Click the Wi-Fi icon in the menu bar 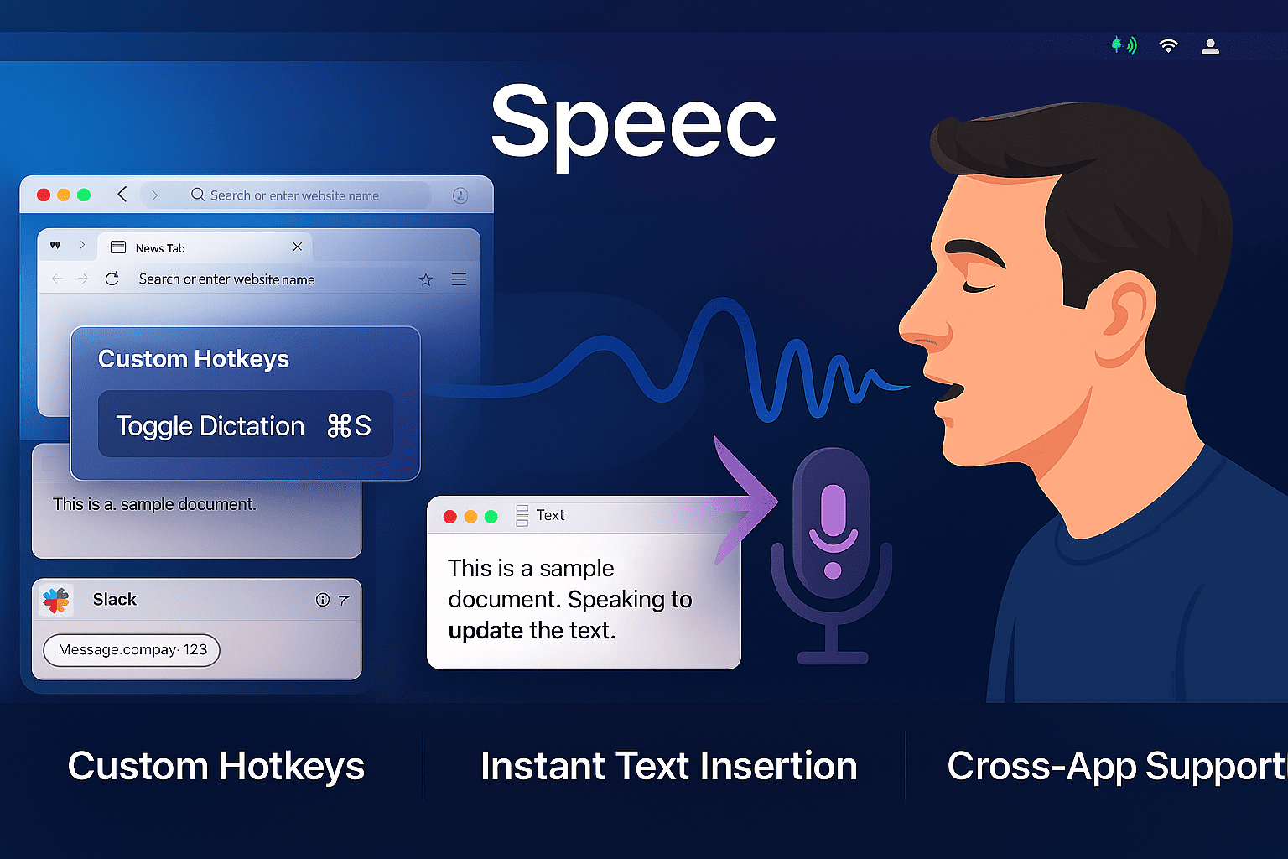pos(1168,46)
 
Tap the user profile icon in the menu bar pos(1210,47)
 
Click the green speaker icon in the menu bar pos(1124,44)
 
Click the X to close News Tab pos(298,247)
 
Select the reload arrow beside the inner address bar pos(112,279)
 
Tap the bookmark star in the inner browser pos(425,279)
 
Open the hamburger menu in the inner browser pos(459,279)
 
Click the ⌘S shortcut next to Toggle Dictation pos(349,426)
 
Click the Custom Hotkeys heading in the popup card pos(193,359)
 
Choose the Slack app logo pos(56,600)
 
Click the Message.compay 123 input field pos(132,650)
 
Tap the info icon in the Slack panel pos(323,600)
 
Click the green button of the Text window pos(491,517)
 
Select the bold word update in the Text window pos(486,631)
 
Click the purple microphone pos(832,552)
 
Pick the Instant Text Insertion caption pos(668,766)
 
